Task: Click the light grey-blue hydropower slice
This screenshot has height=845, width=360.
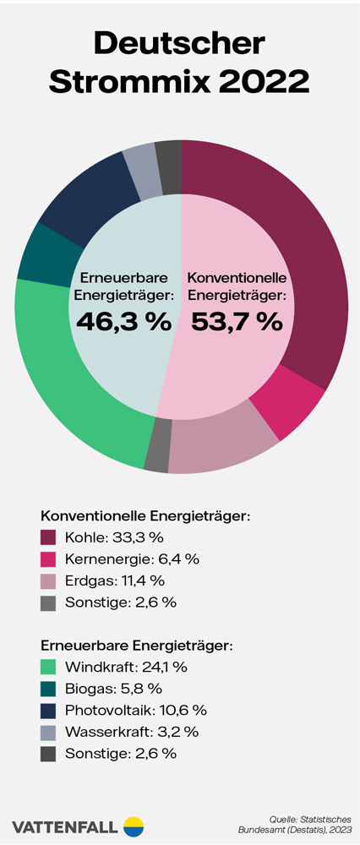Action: click(141, 161)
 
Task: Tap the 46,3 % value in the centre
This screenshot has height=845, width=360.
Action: click(123, 322)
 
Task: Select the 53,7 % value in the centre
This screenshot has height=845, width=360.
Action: click(236, 322)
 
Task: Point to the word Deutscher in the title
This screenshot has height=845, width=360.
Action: click(179, 42)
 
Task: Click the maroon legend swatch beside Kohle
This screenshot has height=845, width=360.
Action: click(48, 537)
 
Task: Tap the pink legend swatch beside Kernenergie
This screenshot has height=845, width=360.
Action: click(48, 559)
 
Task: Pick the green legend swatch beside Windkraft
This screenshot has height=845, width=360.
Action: click(48, 667)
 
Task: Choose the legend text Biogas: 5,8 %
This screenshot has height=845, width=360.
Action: click(113, 688)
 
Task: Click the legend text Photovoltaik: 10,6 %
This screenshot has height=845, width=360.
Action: click(135, 710)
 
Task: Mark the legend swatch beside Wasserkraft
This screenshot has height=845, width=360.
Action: click(48, 732)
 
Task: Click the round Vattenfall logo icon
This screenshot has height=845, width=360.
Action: click(134, 826)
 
